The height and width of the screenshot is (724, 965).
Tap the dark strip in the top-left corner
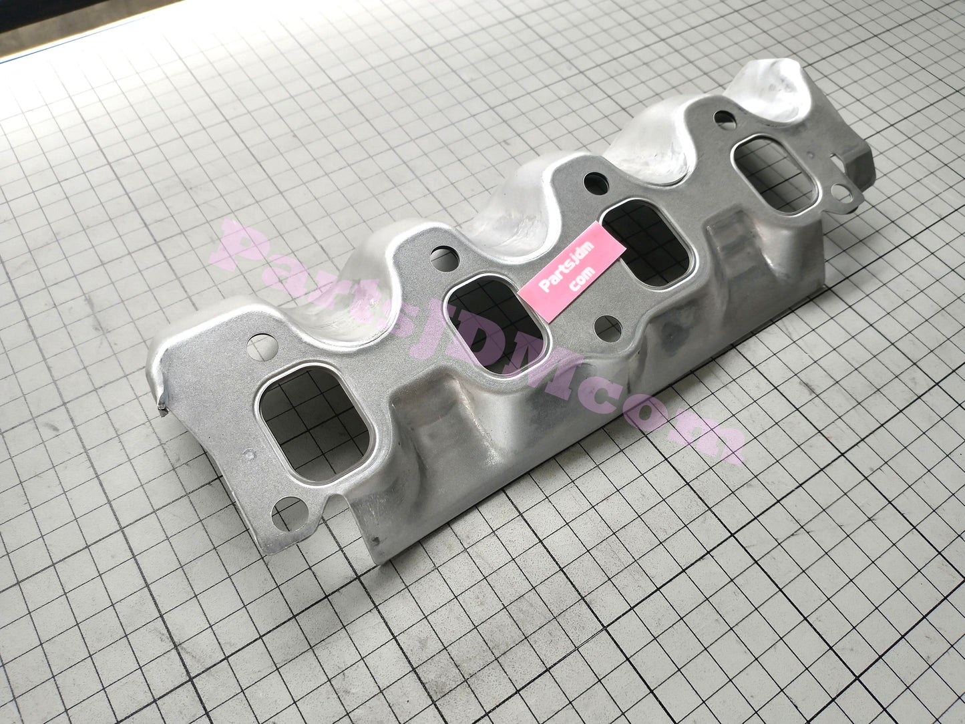pyautogui.click(x=40, y=30)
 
